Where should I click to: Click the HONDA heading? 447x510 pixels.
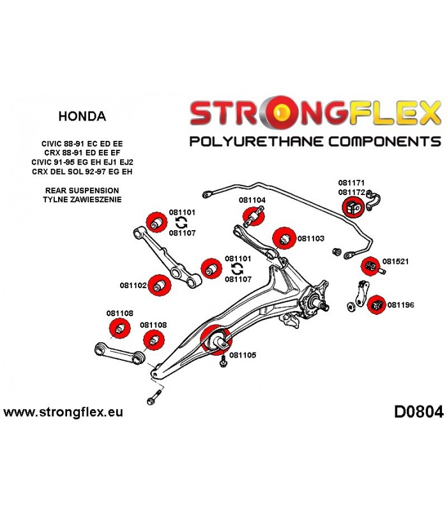(x=82, y=116)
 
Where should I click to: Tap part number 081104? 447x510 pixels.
(x=252, y=200)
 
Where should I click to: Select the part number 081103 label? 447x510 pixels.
(x=311, y=238)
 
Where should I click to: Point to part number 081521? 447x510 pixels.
(x=395, y=261)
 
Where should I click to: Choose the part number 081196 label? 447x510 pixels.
(x=401, y=305)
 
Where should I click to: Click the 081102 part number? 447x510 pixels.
(x=133, y=285)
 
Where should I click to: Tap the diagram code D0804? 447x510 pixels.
(x=419, y=412)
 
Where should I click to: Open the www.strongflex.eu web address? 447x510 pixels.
(x=63, y=412)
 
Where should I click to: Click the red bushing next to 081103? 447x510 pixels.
(x=284, y=238)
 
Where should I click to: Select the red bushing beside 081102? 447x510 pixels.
(x=159, y=285)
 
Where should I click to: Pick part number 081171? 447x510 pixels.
(x=351, y=183)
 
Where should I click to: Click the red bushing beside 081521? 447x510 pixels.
(x=370, y=266)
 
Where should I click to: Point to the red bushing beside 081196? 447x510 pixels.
(x=376, y=305)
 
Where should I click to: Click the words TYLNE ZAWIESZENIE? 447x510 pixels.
(x=82, y=200)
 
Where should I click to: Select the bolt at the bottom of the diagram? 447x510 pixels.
(x=155, y=397)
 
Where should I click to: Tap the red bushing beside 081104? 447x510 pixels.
(x=254, y=215)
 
